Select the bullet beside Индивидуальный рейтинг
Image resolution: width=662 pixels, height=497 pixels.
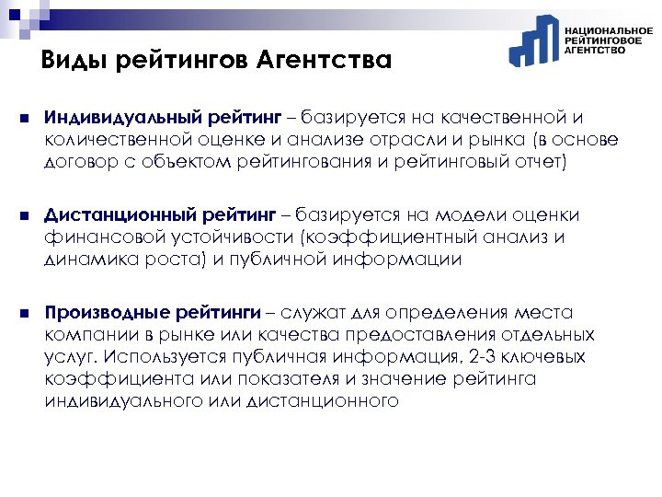[21, 119]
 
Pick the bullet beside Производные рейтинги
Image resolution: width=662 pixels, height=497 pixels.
[21, 312]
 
